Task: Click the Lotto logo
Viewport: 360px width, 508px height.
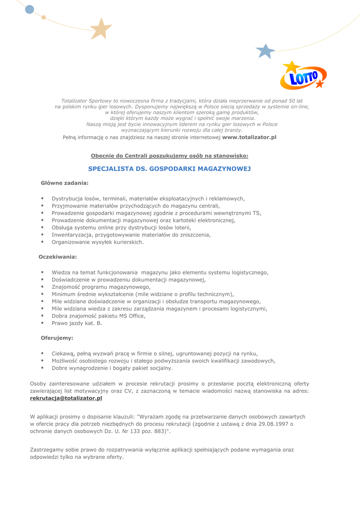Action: pos(302,76)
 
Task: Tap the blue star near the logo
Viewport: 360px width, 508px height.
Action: pos(265,51)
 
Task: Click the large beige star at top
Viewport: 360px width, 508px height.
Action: pos(101,29)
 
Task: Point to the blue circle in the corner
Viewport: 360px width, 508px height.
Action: pos(29,9)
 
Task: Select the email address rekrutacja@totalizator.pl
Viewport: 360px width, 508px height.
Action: pos(66,398)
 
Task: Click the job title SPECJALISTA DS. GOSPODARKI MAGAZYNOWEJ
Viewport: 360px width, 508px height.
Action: pos(169,169)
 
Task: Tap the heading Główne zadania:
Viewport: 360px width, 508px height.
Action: pos(65,183)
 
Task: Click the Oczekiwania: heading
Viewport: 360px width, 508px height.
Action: pos(58,257)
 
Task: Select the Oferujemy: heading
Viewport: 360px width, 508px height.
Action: pos(57,338)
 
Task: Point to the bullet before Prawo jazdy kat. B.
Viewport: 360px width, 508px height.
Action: pos(43,322)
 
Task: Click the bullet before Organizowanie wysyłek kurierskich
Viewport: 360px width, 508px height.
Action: pos(43,242)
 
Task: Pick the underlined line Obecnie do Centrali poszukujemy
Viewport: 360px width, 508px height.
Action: pos(169,156)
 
